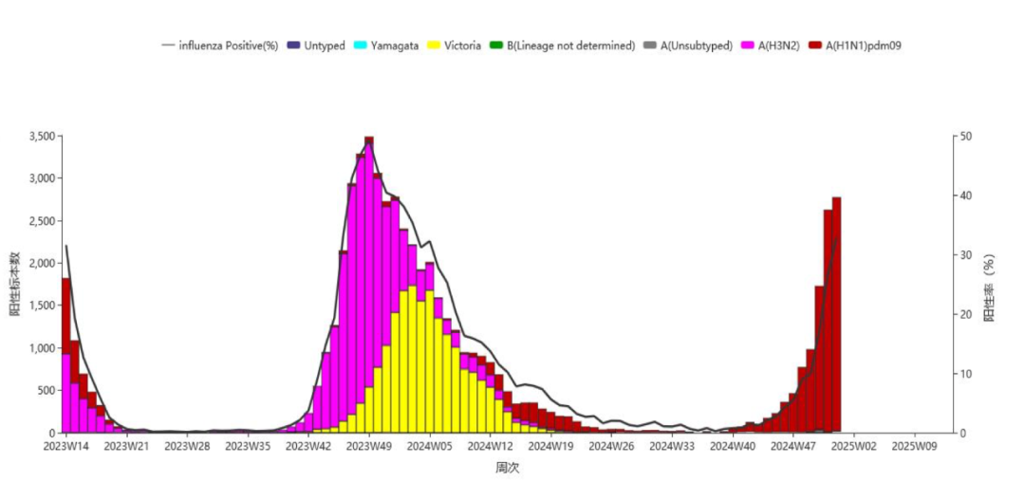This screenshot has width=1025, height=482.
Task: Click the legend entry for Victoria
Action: pyautogui.click(x=455, y=46)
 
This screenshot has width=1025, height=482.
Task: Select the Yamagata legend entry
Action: pyautogui.click(x=386, y=46)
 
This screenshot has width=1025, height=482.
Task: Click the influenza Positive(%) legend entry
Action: pyautogui.click(x=220, y=46)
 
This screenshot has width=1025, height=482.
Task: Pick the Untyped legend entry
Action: pyautogui.click(x=316, y=46)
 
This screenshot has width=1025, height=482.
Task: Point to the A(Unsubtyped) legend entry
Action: pyautogui.click(x=688, y=46)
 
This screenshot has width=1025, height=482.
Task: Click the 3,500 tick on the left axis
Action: pyautogui.click(x=43, y=137)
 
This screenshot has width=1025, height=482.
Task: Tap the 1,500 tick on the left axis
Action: pyautogui.click(x=43, y=306)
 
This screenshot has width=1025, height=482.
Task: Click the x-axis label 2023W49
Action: pyautogui.click(x=369, y=446)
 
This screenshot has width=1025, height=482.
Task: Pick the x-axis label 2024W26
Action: pyautogui.click(x=611, y=446)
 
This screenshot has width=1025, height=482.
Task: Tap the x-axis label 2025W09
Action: pyautogui.click(x=915, y=446)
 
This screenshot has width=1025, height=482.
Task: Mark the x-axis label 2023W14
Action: pyautogui.click(x=65, y=446)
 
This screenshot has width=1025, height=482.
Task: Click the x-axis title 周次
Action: pyautogui.click(x=507, y=468)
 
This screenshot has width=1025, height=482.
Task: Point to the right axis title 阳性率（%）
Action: pyautogui.click(x=990, y=287)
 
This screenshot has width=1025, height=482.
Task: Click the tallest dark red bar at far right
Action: pyautogui.click(x=836, y=315)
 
